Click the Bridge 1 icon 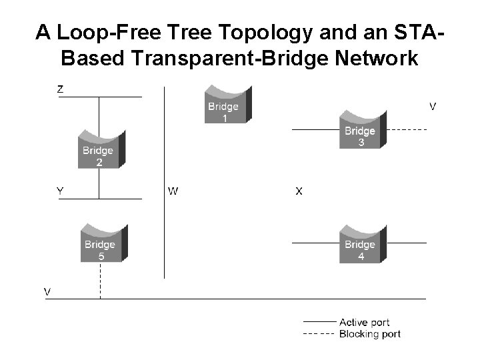[227, 104]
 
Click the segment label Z [60, 88]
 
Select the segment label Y [60, 191]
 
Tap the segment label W [173, 191]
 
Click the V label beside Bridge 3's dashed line [432, 106]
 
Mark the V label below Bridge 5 [47, 291]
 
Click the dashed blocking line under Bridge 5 [100, 280]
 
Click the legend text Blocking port [370, 333]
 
